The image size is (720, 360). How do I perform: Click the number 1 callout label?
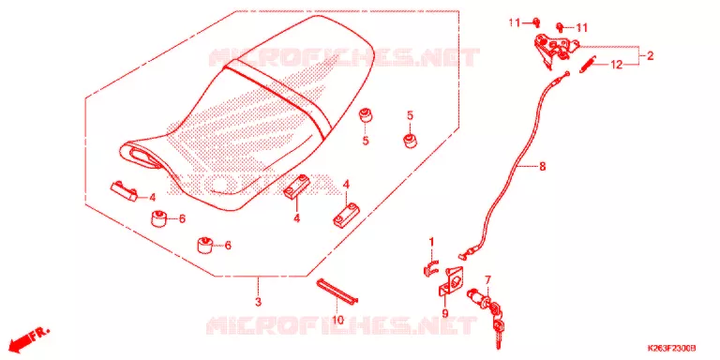coord(431,242)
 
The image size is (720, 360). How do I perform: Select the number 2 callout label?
coord(650,56)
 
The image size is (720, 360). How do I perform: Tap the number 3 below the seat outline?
coord(258,302)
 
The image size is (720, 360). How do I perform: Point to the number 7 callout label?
coord(487,279)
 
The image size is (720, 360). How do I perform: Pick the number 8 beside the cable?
coord(542,166)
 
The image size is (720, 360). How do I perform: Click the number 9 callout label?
coord(445,314)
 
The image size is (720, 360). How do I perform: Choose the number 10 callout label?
coord(337,320)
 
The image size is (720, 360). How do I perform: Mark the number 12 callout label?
coord(616,65)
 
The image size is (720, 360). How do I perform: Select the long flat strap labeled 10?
coord(337,292)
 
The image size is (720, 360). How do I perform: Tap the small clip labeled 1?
coord(430,269)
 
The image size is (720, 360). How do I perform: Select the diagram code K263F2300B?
coord(672,349)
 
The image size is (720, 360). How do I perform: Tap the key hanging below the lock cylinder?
coord(499,332)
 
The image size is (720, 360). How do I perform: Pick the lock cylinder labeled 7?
coord(480,300)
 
